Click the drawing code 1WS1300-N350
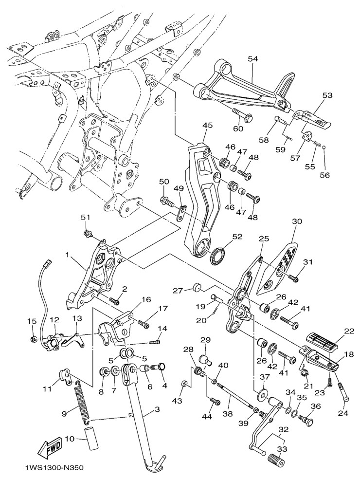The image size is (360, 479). click(54, 468)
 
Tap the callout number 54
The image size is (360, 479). click(253, 58)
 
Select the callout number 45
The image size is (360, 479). click(208, 125)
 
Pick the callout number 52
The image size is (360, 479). click(237, 237)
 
